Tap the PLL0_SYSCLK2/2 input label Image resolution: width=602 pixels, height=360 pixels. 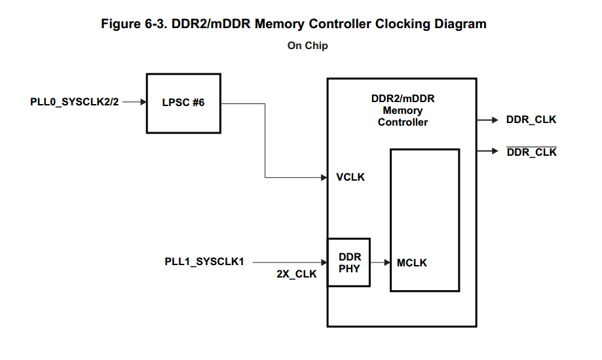[75, 102]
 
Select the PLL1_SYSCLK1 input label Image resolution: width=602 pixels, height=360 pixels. [204, 262]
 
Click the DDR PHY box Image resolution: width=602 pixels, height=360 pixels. [349, 262]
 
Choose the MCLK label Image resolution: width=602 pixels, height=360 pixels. [411, 262]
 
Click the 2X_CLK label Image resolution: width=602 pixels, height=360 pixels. [296, 274]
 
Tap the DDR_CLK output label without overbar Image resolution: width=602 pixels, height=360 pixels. [531, 120]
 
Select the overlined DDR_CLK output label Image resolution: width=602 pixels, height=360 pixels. [531, 152]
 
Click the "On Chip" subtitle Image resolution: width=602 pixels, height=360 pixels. [308, 46]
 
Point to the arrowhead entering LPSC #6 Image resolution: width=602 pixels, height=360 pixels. [142, 102]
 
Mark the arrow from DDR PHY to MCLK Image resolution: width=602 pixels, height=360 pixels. [381, 262]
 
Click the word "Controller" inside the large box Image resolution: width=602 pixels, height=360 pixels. [403, 122]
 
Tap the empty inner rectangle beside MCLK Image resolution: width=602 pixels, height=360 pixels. [425, 209]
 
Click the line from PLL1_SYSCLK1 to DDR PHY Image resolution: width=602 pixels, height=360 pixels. [288, 262]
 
